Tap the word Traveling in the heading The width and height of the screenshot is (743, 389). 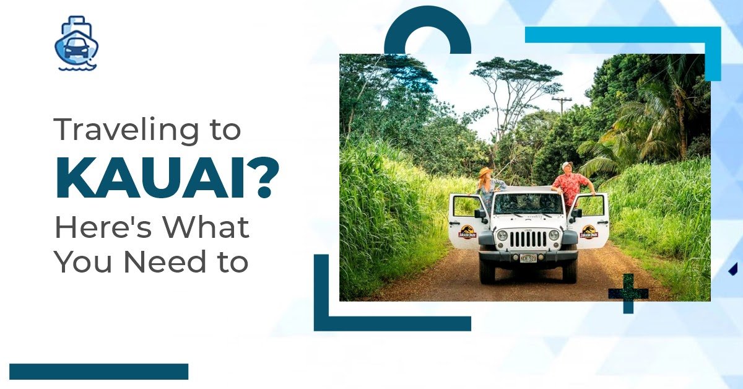126,130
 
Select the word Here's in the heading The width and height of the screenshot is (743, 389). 103,227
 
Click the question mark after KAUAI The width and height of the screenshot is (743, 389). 264,178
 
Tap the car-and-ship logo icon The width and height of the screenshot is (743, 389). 77,43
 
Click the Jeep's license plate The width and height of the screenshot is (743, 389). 528,258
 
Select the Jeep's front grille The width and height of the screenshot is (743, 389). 528,239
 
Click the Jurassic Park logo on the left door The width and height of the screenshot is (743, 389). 467,232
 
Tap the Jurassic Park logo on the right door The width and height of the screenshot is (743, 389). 588,232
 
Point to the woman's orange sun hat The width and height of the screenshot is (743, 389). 485,172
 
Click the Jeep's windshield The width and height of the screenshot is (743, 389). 528,203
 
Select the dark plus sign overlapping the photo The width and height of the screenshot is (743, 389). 628,294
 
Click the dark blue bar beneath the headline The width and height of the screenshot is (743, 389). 99,372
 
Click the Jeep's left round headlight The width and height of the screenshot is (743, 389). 502,235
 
